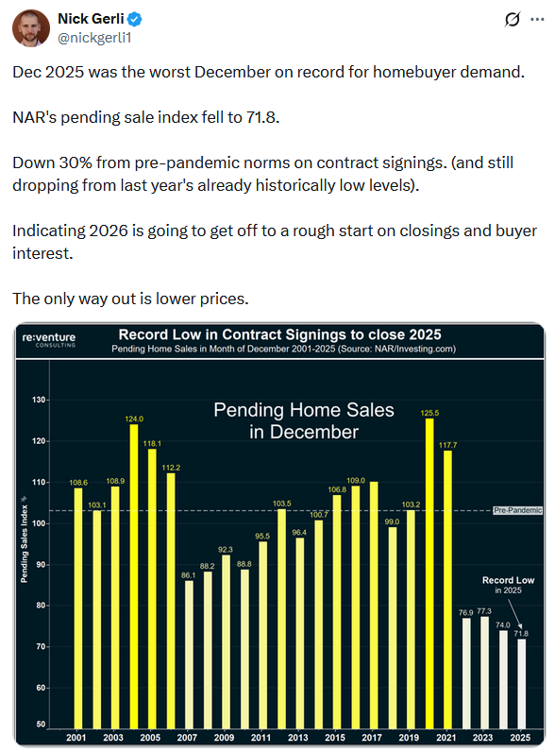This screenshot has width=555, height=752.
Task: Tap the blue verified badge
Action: [x=135, y=18]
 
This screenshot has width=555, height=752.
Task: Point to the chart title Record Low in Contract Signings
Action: [x=278, y=334]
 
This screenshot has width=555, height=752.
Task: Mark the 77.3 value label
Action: [x=485, y=611]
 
